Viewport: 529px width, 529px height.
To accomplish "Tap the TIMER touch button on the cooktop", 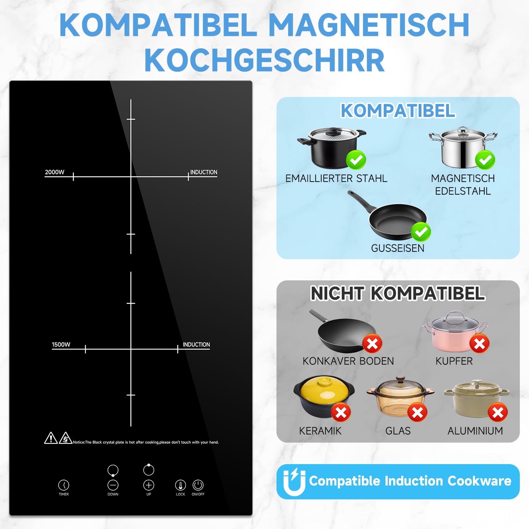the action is tap(64, 485).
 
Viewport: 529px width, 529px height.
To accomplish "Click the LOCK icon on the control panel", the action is tap(181, 485).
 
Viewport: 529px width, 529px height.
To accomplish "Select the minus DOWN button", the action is tap(113, 485).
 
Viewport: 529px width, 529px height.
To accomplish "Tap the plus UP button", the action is tap(149, 485).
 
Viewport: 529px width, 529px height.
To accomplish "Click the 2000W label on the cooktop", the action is tap(55, 172).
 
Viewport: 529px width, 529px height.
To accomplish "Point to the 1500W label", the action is tap(61, 345).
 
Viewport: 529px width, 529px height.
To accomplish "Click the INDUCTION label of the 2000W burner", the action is tap(204, 172).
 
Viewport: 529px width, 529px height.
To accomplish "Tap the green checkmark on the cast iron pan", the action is tap(421, 232).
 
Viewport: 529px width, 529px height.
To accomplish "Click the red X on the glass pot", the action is tap(418, 412).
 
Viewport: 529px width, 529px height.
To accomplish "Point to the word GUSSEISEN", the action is tap(398, 248).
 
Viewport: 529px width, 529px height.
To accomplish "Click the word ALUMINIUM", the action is tap(475, 431).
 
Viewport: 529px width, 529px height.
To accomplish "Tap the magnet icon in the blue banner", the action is tap(294, 482).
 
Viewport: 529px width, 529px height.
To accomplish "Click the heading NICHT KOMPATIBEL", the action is tap(398, 293).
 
